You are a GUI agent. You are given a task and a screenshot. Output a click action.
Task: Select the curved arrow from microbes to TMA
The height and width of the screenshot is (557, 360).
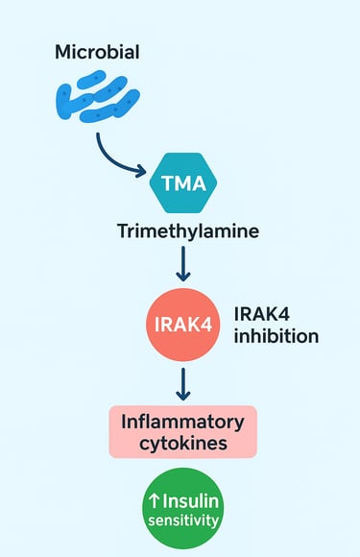click(113, 154)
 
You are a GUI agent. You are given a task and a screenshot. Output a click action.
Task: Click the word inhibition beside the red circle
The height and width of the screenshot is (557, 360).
click(276, 337)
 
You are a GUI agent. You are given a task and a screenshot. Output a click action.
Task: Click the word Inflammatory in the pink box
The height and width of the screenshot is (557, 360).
click(184, 420)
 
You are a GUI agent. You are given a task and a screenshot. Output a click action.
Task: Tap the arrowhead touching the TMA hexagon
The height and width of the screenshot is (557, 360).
click(144, 174)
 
